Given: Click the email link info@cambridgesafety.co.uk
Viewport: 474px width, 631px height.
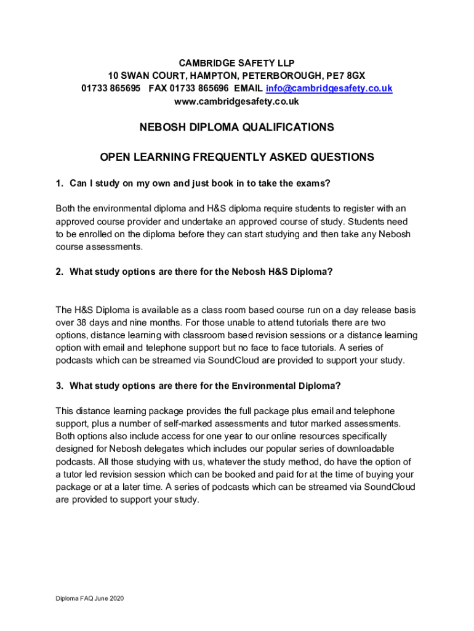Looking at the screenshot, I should (329, 88).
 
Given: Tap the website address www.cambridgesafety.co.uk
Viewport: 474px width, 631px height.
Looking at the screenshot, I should (237, 101).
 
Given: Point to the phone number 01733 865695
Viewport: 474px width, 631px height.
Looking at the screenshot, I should (111, 88).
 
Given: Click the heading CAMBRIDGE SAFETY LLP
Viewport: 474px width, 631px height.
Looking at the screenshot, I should (237, 63).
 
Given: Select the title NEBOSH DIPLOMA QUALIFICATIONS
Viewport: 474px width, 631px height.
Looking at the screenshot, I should (237, 128).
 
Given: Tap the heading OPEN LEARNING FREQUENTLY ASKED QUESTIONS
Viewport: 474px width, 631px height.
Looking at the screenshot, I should (237, 157).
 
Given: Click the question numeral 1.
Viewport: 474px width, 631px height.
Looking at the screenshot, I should (58, 183).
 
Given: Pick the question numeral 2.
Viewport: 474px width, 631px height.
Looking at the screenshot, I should (58, 271).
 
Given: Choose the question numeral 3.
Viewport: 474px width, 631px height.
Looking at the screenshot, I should (58, 386).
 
